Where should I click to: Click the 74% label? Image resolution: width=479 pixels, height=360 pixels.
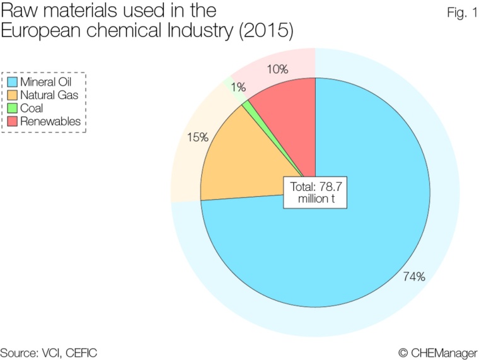tap(415, 276)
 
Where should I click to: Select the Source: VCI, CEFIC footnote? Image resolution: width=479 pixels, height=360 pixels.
tap(49, 350)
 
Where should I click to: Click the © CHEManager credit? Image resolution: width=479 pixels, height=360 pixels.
tap(437, 350)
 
